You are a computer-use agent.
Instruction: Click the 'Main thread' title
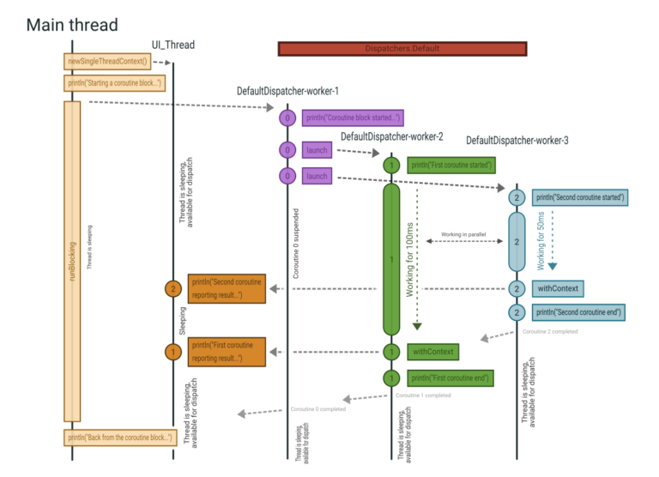[72, 24]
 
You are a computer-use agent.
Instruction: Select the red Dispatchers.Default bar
[401, 49]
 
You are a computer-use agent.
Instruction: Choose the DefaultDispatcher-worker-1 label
[288, 91]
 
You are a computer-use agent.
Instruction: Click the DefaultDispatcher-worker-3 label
[517, 140]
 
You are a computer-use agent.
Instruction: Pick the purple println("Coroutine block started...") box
[353, 118]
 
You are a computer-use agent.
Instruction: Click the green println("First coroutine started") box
[450, 166]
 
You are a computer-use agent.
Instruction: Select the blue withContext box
[556, 288]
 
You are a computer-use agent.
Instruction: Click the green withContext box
[432, 351]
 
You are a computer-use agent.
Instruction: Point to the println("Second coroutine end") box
[578, 311]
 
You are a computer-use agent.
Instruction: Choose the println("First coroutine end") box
[450, 377]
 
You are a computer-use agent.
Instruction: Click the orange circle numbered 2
[173, 289]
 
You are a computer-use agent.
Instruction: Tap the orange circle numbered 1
[173, 351]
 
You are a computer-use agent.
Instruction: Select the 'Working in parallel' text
[464, 233]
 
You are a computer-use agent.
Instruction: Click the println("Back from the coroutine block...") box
[118, 438]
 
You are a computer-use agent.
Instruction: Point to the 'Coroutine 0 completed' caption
[318, 409]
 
